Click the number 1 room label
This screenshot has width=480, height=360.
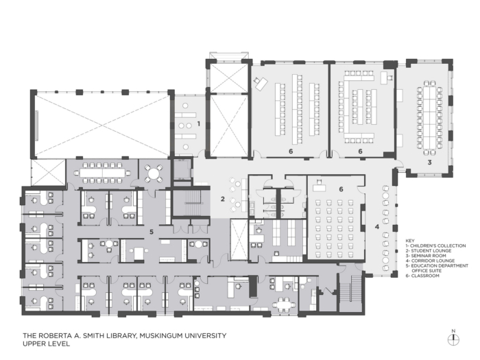click(199, 123)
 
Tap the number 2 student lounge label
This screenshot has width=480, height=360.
click(223, 199)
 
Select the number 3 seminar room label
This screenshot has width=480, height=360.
click(429, 163)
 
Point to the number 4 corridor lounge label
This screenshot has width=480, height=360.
click(377, 226)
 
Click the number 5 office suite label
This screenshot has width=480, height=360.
click(152, 232)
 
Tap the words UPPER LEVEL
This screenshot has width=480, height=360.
click(46, 344)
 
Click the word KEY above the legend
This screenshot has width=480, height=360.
click(410, 241)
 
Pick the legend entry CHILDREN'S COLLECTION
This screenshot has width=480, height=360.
click(438, 245)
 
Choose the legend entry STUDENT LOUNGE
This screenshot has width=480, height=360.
click(431, 251)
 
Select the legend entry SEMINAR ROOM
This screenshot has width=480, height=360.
click(429, 256)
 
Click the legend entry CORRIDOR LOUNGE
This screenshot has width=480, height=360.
click(433, 261)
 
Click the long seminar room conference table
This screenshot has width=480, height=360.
click(429, 118)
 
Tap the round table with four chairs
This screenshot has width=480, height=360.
click(154, 174)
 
